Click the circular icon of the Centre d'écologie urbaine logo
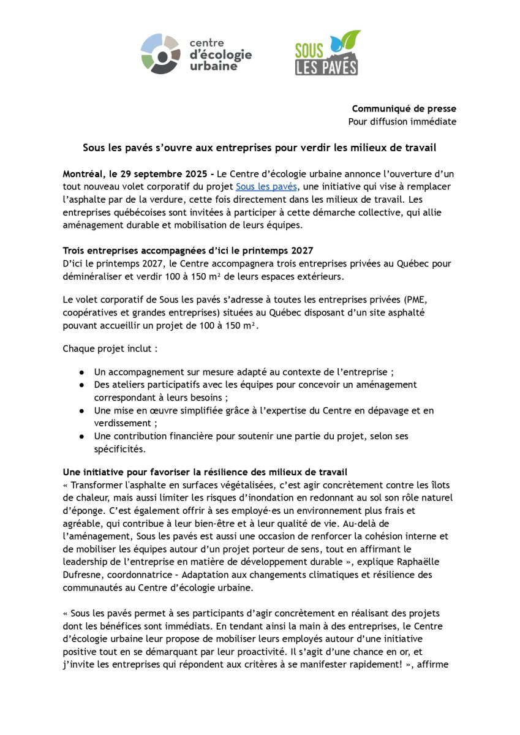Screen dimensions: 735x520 pos(161,53)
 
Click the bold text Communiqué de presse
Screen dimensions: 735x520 pos(404,108)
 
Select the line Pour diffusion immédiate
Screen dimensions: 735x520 pos(402,121)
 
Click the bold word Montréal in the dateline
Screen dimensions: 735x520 pos(86,173)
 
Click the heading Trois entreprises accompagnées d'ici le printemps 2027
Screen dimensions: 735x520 pos(188,251)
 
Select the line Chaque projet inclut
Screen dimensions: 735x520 pos(110,349)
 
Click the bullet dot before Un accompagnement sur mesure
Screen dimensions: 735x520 pos(81,372)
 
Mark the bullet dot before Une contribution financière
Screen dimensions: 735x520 pos(81,436)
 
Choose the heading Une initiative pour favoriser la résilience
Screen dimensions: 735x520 pos(205,472)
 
